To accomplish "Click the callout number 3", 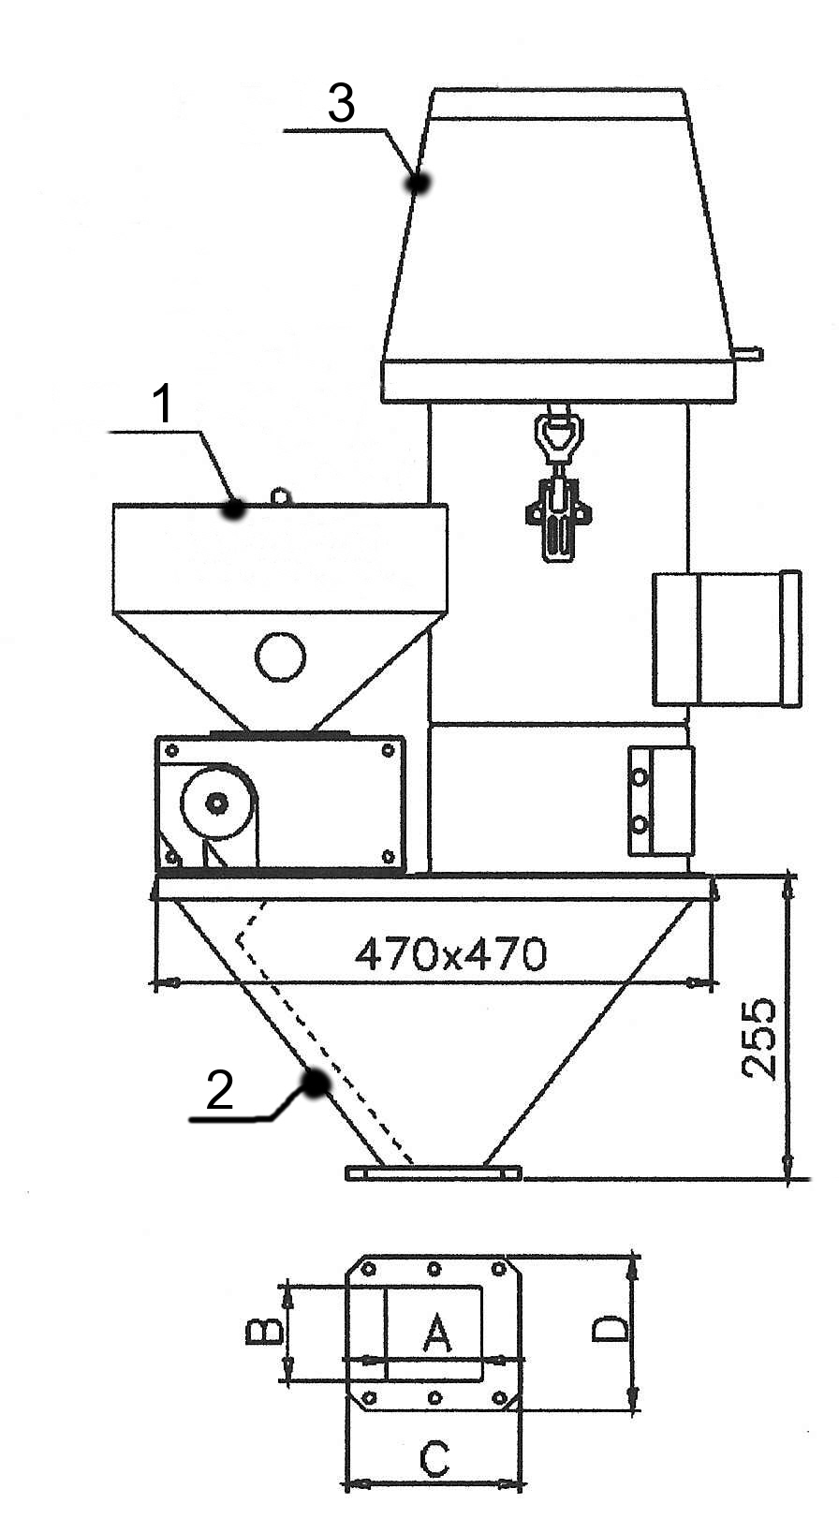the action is click(x=341, y=104).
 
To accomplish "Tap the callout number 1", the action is click(x=162, y=404).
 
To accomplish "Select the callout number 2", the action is click(x=219, y=1090).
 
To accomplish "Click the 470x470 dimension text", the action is click(x=450, y=955).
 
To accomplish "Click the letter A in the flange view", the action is click(x=436, y=1333).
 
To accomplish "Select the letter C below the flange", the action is click(x=434, y=1460).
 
